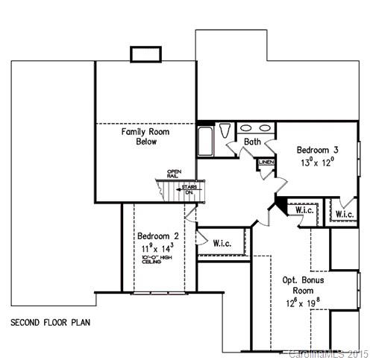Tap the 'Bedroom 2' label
(157, 233)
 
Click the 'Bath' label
(253, 141)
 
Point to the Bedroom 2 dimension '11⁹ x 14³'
(157, 246)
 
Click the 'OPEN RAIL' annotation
(174, 174)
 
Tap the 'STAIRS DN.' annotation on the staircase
(189, 189)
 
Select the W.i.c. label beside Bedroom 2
(222, 243)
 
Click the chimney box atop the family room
(141, 54)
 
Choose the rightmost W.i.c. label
(345, 215)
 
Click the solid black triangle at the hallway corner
(280, 203)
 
